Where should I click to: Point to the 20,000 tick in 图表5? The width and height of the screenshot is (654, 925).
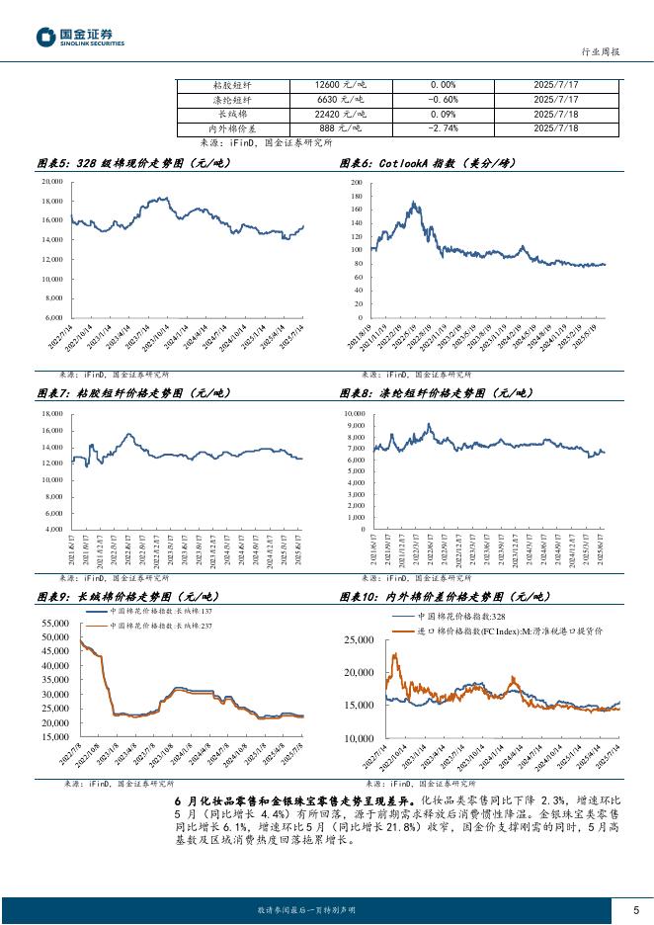49,183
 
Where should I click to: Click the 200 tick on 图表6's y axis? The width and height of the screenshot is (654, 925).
358,184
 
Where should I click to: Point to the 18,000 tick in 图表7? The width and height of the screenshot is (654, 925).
49,413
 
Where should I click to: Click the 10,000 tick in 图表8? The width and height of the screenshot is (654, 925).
353,414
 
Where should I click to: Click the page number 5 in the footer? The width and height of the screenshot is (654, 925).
635,910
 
